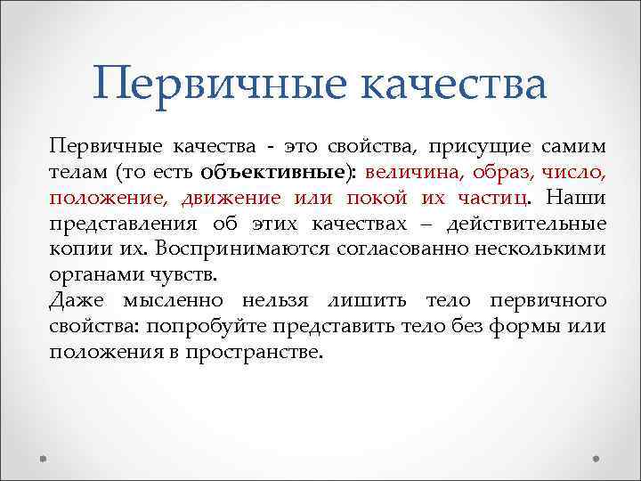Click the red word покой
[393, 197]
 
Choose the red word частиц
[495, 197]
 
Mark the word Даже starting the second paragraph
[77, 300]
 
